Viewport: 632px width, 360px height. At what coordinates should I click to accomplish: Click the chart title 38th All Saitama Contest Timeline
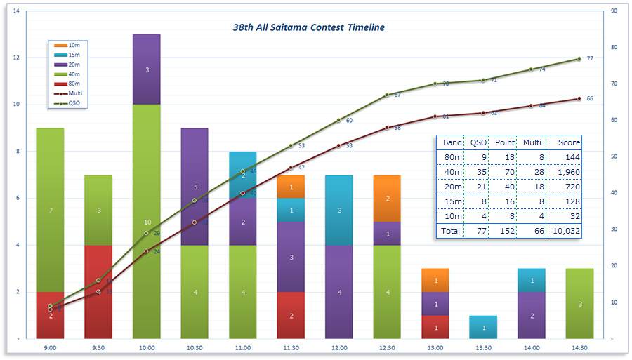coord(308,27)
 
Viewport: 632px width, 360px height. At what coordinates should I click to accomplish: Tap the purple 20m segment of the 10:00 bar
coord(147,69)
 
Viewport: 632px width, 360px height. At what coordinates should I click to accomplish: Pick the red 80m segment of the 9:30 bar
coord(98,291)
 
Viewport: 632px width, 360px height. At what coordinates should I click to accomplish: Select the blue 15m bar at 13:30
coord(483,327)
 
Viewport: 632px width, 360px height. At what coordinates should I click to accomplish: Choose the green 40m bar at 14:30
coord(579,304)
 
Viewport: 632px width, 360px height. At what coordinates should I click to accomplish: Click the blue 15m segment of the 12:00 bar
coord(338,210)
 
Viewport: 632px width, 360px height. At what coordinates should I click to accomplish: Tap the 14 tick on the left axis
coord(16,11)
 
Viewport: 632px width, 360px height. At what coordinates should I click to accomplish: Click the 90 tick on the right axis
coord(614,11)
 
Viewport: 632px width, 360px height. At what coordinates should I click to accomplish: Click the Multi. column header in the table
coord(530,142)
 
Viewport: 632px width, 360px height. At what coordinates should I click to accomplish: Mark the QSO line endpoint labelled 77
coord(579,59)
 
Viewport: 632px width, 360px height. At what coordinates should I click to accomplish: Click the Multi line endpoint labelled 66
coord(579,99)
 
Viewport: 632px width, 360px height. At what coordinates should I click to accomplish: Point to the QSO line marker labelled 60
coord(338,120)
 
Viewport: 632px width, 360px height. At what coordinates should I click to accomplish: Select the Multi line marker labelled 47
coord(291,168)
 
